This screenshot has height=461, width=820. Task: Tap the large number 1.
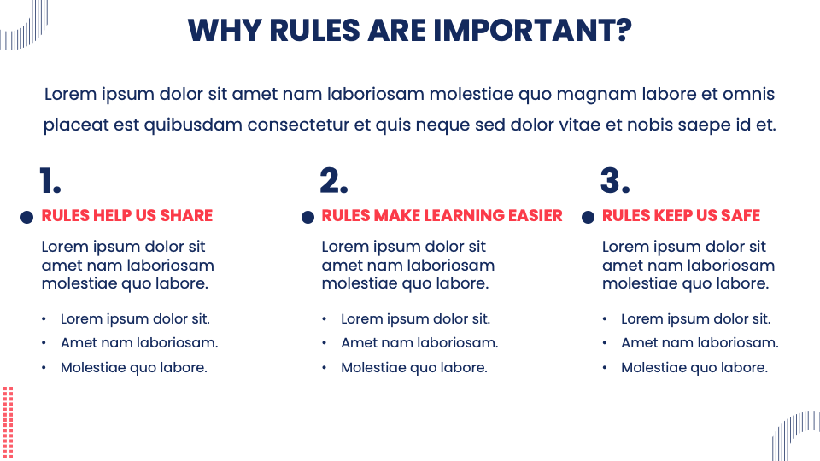[x=50, y=182]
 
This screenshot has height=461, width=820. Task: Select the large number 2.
[x=334, y=182]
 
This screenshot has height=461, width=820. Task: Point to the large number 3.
[x=614, y=182]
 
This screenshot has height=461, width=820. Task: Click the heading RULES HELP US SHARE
[x=127, y=216]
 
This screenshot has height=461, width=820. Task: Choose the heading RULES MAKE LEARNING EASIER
[x=442, y=216]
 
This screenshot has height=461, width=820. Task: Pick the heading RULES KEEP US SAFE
[x=681, y=216]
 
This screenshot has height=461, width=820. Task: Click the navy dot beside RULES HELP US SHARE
[x=27, y=218]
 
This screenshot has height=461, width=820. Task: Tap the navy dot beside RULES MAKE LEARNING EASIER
[x=307, y=218]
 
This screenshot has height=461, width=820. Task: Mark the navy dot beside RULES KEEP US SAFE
[x=588, y=218]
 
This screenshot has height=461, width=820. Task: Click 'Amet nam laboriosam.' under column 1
[x=139, y=343]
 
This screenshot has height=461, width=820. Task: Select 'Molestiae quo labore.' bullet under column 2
[x=414, y=368]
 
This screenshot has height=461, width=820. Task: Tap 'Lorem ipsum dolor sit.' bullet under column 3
[x=695, y=319]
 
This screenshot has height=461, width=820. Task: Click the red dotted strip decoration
[x=9, y=423]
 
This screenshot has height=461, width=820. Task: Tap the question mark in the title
[x=623, y=30]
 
